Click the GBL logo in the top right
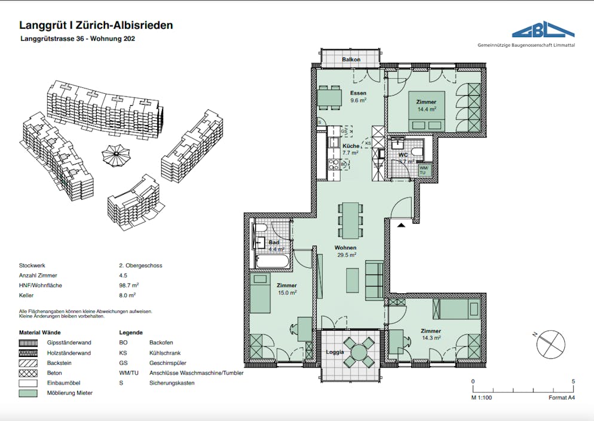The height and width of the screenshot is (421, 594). coord(543,31)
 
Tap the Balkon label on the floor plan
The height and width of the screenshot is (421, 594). coord(351,60)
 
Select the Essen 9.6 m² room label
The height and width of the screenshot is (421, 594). coord(358,97)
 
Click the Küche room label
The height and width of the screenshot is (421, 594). coord(351,150)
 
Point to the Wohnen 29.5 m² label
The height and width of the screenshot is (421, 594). coord(345,251)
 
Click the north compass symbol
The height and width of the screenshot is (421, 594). coord(547,344)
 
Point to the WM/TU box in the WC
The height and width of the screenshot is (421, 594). coord(424,170)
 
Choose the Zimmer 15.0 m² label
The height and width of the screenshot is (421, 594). coord(287,289)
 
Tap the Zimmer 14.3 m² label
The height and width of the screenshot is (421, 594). coord(430,334)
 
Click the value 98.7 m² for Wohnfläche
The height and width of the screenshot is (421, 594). coord(130,285)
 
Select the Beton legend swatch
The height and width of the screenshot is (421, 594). coord(30,373)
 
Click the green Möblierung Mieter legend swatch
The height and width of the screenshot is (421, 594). coord(30,393)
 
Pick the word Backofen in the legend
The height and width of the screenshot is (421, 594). coord(161,343)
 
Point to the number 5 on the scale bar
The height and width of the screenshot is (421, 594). coord(573,381)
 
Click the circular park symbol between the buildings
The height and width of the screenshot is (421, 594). coord(116,155)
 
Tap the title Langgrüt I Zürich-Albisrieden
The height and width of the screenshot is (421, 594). coord(96,25)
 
